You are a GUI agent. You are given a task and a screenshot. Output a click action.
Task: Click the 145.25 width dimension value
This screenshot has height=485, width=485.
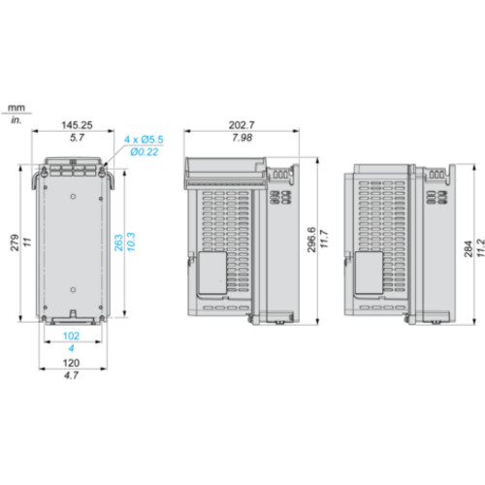pyautogui.click(x=77, y=125)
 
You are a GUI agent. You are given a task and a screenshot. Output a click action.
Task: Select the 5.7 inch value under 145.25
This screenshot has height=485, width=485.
pyautogui.click(x=77, y=138)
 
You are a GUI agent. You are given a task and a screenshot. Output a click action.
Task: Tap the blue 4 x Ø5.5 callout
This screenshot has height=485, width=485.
pyautogui.click(x=144, y=140)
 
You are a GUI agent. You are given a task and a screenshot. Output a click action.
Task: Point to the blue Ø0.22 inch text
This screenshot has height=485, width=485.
pyautogui.click(x=145, y=151)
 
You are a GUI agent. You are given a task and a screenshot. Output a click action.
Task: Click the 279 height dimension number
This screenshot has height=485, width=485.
pyautogui.click(x=15, y=242)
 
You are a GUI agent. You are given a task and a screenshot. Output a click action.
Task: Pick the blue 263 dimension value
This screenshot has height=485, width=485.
pyautogui.click(x=118, y=242)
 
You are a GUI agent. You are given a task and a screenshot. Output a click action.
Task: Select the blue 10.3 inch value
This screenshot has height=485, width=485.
pyautogui.click(x=131, y=242)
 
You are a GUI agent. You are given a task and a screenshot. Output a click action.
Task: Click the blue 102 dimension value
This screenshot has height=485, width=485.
pyautogui.click(x=71, y=336)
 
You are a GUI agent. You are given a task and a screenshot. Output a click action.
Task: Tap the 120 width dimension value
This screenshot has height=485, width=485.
pyautogui.click(x=71, y=363)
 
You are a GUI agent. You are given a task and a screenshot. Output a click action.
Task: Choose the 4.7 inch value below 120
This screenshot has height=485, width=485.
pyautogui.click(x=71, y=375)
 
